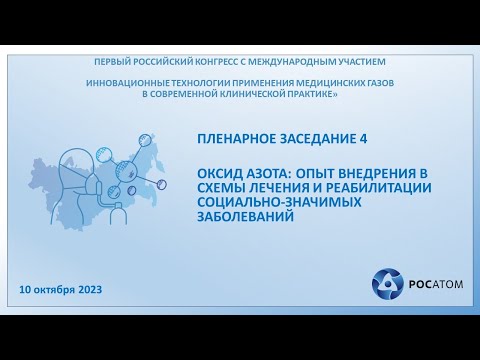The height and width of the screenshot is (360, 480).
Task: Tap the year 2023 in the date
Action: coord(85,289)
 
